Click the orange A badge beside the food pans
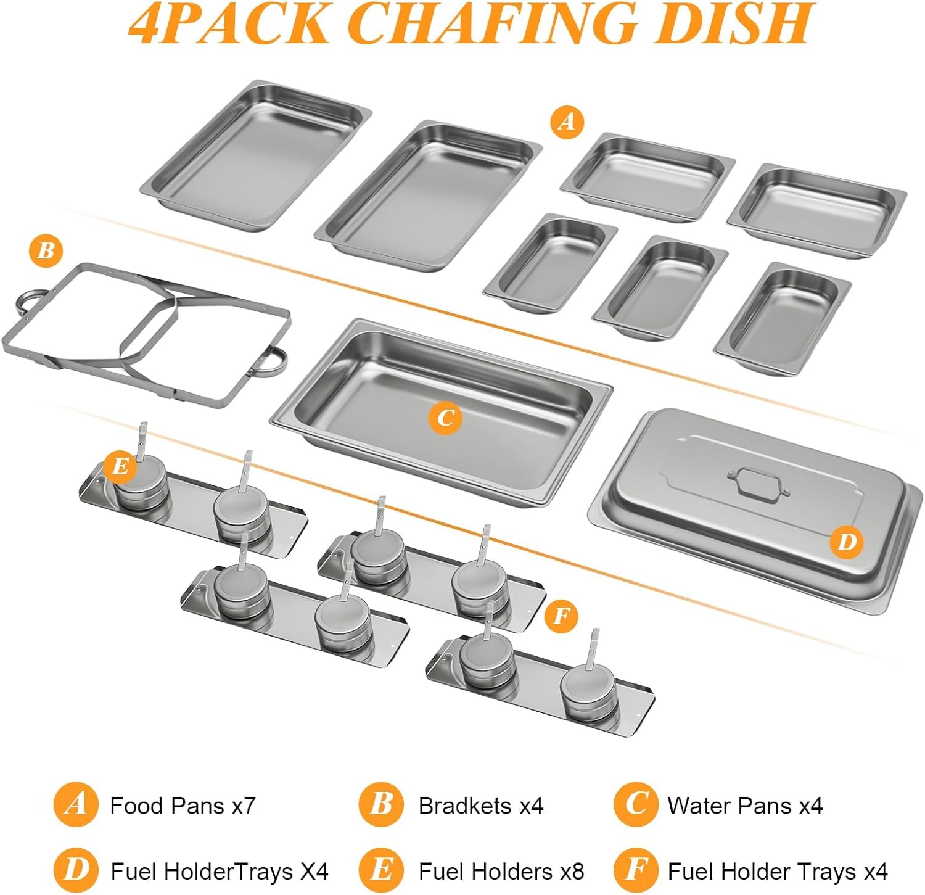tap(567, 122)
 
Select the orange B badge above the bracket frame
tap(46, 251)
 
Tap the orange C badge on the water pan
tap(445, 418)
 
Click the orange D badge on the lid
tap(847, 542)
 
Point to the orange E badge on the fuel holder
tap(120, 466)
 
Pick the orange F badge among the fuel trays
tap(562, 616)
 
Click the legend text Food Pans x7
tap(183, 806)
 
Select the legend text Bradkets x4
tap(480, 806)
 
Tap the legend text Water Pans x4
tap(745, 806)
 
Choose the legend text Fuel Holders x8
tap(501, 871)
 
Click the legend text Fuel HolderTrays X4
tap(219, 871)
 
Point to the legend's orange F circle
tap(636, 870)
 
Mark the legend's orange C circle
tap(636, 804)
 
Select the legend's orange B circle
tap(382, 804)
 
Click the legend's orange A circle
tap(76, 804)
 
